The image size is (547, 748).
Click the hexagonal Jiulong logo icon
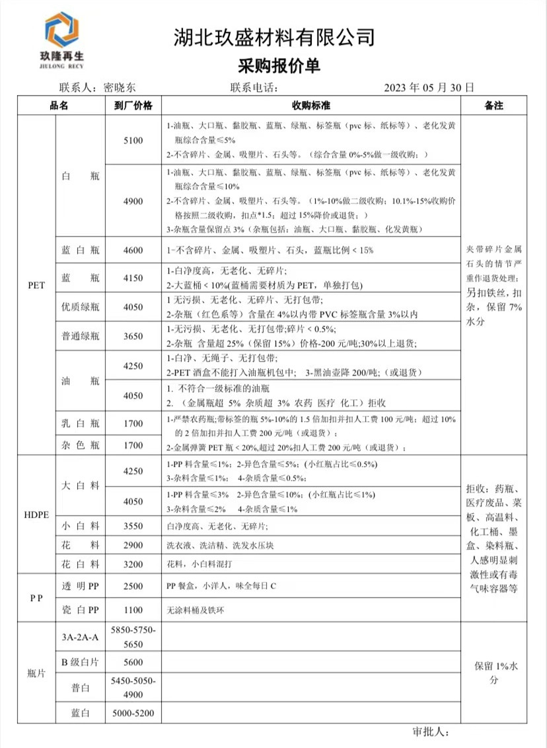pos(61,30)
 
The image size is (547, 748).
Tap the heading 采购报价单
pos(273,65)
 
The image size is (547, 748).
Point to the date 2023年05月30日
pos(429,87)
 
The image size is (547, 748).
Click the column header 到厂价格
pos(133,106)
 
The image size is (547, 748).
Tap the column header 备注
pos(494,106)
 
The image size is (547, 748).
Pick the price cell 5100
pos(133,140)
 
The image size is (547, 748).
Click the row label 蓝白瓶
pos(79,250)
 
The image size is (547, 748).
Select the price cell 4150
pos(133,278)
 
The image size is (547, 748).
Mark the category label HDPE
pos(37,515)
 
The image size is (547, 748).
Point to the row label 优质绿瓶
pos(79,308)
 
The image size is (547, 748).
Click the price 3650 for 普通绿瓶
pos(133,336)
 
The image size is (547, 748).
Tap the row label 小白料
pos(79,526)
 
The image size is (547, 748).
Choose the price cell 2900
pos(133,545)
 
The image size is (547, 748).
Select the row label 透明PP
pos(79,587)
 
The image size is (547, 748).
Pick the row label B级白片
pos(79,662)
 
